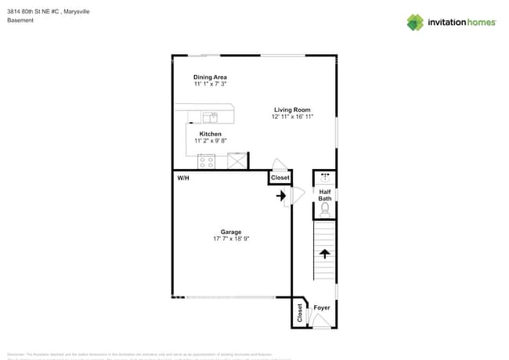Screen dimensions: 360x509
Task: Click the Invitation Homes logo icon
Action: click(415, 22)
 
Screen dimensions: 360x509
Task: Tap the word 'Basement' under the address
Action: click(20, 20)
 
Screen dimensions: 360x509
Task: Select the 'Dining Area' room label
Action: click(210, 77)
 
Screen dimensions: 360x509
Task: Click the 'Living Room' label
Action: click(292, 110)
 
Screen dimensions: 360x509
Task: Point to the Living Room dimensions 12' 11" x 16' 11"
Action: click(292, 117)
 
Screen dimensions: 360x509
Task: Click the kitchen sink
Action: click(210, 118)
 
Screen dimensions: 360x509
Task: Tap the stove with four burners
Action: click(207, 161)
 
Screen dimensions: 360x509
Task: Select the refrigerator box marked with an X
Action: click(236, 161)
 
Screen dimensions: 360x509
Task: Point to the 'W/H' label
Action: click(183, 178)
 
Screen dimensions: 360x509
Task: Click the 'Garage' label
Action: click(230, 232)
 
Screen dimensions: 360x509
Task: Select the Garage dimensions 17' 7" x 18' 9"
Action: click(230, 239)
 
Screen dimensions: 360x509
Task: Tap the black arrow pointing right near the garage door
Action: click(281, 196)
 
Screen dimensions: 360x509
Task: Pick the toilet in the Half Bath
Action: click(325, 209)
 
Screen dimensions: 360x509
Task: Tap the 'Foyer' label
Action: click(322, 308)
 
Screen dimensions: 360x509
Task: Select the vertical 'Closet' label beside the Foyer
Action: click(299, 313)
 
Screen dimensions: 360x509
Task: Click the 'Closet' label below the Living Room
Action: click(280, 178)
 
